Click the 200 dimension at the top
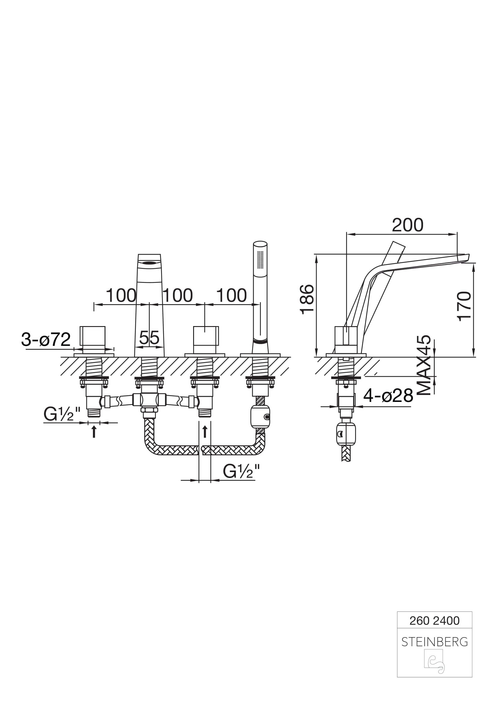tap(408, 225)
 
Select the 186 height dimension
tap(307, 299)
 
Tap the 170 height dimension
tap(464, 306)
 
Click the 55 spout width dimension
tap(149, 338)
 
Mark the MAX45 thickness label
tap(424, 365)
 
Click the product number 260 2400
tap(434, 621)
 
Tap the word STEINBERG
tap(435, 642)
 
